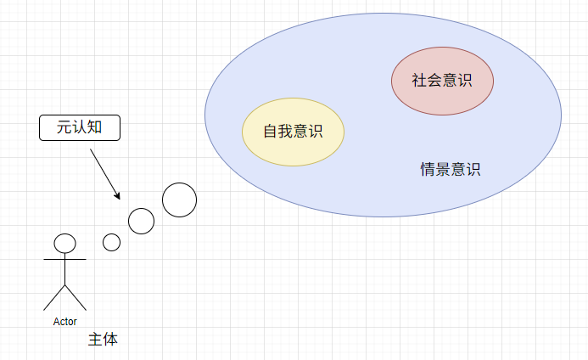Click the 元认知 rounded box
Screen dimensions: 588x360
click(x=80, y=128)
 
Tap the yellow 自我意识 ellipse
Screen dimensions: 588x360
click(x=293, y=132)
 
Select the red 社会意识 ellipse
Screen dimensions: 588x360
click(x=443, y=81)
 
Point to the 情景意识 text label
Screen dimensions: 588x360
click(x=450, y=169)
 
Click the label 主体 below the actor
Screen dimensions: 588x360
click(x=104, y=340)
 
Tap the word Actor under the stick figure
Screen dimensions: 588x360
click(x=64, y=322)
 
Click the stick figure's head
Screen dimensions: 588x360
click(x=64, y=243)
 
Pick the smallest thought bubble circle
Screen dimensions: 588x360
click(x=111, y=242)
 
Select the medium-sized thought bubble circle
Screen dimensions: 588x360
click(x=141, y=221)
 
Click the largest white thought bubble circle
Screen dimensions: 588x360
click(x=179, y=200)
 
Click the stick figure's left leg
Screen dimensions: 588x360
click(x=54, y=298)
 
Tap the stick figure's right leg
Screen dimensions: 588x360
click(x=76, y=298)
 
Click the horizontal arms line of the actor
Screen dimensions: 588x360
click(x=64, y=260)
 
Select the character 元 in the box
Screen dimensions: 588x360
click(x=64, y=127)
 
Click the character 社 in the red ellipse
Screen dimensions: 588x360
click(x=420, y=81)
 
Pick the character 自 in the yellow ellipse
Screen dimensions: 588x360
click(x=271, y=132)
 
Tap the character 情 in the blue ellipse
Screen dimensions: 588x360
click(x=428, y=169)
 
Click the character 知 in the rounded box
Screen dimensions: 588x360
click(x=94, y=127)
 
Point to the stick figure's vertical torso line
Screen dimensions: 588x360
click(x=64, y=269)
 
